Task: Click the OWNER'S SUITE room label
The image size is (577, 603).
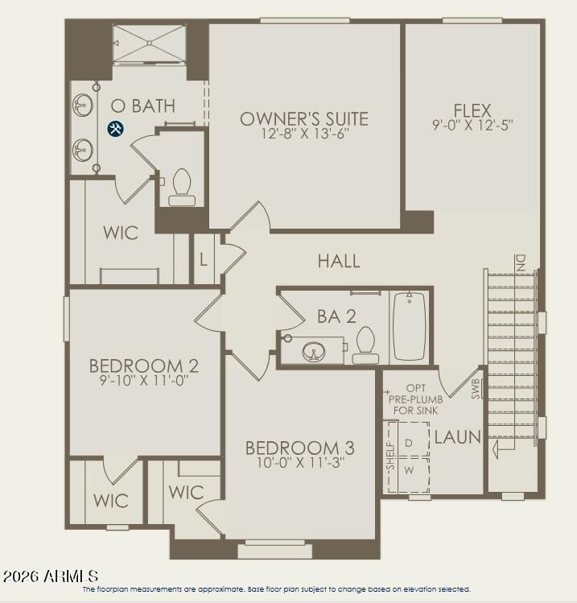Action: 304,119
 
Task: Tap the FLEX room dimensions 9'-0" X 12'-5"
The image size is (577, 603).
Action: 472,125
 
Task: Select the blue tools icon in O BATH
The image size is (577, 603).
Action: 115,128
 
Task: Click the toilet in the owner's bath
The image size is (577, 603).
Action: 181,187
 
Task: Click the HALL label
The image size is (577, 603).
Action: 339,261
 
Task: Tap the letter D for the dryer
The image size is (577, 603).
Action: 408,444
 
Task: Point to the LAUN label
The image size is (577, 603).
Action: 457,438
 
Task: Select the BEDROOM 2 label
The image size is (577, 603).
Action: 144,366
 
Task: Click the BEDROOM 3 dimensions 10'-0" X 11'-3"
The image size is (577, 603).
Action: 300,463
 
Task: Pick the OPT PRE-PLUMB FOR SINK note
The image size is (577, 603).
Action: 414,399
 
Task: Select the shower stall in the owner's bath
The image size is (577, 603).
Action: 149,43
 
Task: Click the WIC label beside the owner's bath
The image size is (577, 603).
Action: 121,233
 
